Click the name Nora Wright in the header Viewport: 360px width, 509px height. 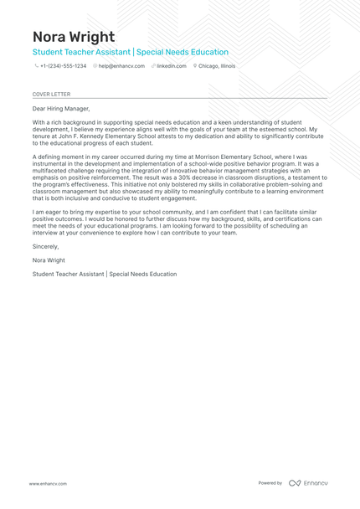[x=74, y=38]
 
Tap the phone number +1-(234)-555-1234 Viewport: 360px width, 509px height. [x=63, y=65]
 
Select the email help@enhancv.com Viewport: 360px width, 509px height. [x=121, y=65]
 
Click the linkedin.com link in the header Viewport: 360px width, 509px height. [x=172, y=65]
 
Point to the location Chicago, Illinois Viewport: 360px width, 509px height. [x=217, y=65]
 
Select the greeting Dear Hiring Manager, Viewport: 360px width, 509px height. [x=60, y=109]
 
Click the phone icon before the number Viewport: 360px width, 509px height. [x=36, y=65]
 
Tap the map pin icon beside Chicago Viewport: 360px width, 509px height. [x=194, y=65]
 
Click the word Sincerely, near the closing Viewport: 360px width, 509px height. [x=45, y=247]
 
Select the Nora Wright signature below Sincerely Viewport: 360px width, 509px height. [x=49, y=260]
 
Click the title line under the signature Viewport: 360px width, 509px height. [x=105, y=274]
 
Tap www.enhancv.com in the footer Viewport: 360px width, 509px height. [x=48, y=483]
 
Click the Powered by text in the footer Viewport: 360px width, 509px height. [x=270, y=483]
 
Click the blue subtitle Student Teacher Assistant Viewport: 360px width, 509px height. [x=80, y=52]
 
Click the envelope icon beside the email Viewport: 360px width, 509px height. [x=95, y=65]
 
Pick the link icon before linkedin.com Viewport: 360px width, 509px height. [x=154, y=65]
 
